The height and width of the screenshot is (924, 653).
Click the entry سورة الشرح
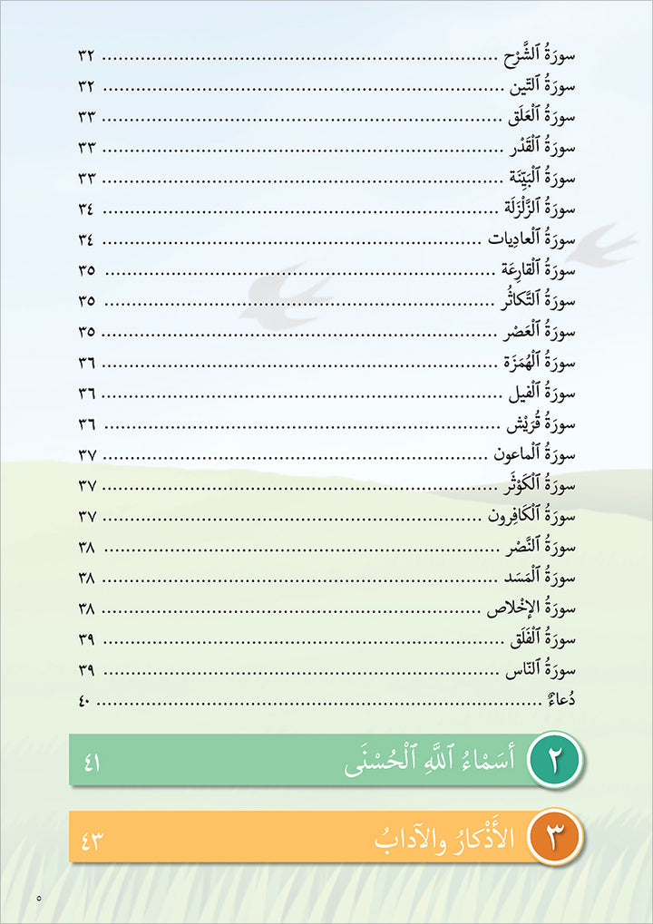pos(540,56)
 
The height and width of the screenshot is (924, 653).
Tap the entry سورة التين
pos(542,87)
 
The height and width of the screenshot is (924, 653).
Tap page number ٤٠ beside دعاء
pos(87,702)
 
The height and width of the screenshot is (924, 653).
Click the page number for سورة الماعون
pos(87,455)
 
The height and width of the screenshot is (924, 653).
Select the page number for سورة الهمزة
pos(87,363)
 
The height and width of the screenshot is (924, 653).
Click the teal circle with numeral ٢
pos(554,760)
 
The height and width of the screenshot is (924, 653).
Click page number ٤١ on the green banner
pos(92,762)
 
